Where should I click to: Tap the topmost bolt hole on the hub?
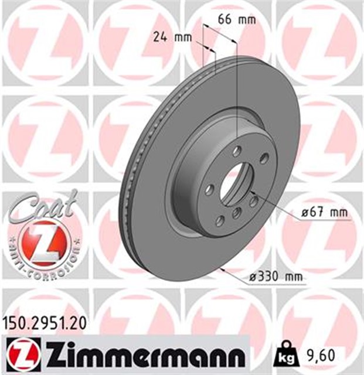click(237, 152)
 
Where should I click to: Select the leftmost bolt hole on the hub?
click(209, 189)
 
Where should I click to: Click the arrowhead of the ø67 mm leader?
click(251, 192)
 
